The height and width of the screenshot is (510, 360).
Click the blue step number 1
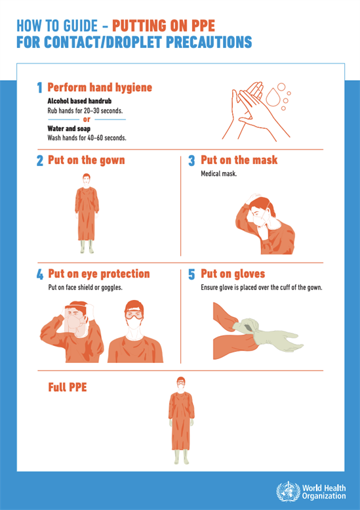(39, 88)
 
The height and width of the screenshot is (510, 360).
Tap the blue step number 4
(40, 274)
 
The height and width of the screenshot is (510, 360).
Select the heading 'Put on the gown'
(87, 160)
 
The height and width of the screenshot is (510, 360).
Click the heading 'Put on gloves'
(233, 274)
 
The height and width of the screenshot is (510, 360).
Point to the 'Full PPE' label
(68, 387)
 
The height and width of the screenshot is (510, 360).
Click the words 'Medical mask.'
(218, 174)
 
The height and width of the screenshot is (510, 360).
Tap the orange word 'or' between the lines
(87, 119)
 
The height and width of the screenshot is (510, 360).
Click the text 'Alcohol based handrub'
(79, 101)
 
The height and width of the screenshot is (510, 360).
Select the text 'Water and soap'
(69, 129)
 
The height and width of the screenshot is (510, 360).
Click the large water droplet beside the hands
(272, 96)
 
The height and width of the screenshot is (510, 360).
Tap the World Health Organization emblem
(288, 492)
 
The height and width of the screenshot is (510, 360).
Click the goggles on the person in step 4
(134, 315)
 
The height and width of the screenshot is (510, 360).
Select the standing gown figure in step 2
(87, 213)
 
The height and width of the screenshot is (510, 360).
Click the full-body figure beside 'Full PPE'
(181, 421)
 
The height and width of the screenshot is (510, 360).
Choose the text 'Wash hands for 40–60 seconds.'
(87, 138)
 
